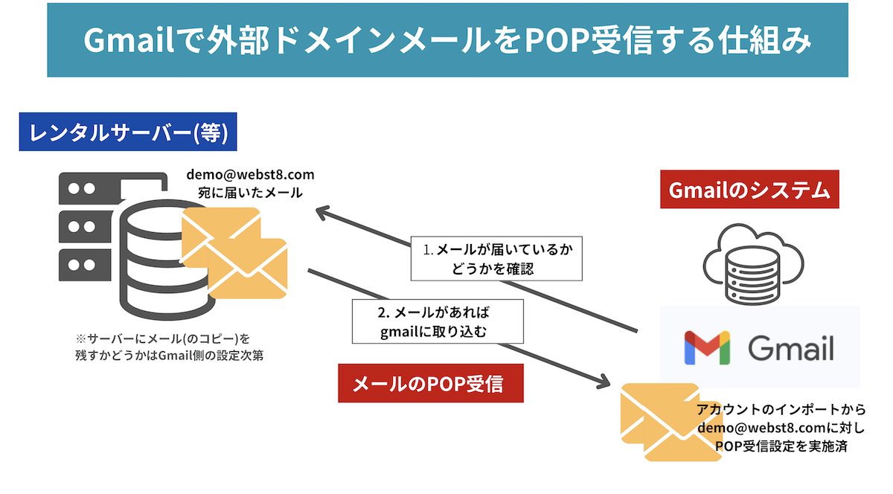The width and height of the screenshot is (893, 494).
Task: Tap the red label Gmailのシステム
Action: coord(749,190)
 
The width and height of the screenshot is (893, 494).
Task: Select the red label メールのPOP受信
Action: coord(430,383)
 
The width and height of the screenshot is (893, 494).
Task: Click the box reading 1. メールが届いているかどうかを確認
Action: coord(497,259)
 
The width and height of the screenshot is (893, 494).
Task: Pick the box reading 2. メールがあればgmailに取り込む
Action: coord(438,321)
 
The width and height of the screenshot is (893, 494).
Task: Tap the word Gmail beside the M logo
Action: coord(790,347)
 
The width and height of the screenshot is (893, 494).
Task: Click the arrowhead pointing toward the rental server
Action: coord(323,214)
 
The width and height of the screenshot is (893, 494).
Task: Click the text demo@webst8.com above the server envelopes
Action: coord(250,175)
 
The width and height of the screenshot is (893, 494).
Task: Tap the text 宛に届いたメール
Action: coord(250,192)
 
